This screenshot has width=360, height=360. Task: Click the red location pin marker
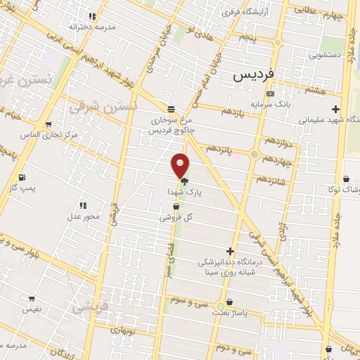[x=181, y=165]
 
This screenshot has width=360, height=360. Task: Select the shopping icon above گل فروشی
[x=176, y=207]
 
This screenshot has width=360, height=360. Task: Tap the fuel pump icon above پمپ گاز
[x=22, y=176]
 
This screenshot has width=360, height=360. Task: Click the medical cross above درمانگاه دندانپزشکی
[x=230, y=251]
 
